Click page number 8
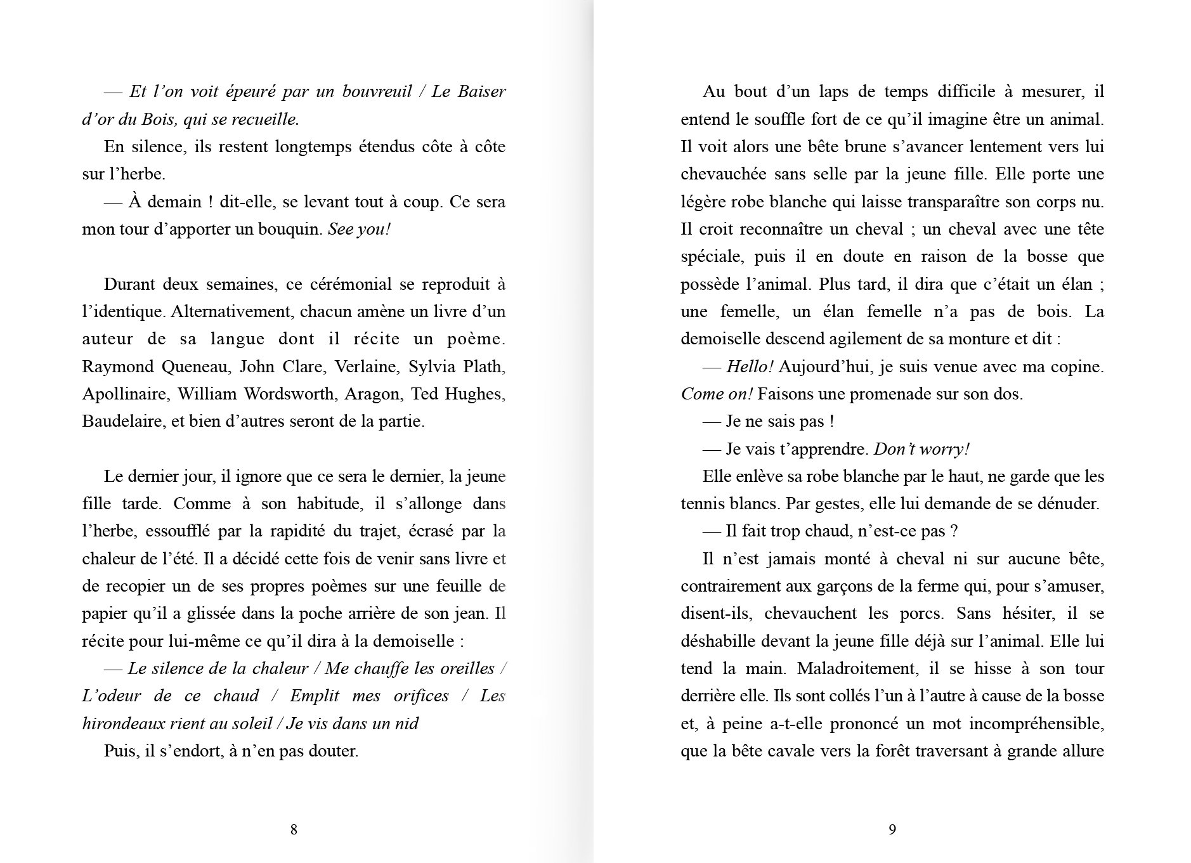click(x=294, y=829)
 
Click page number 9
click(x=892, y=829)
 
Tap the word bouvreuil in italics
click(x=377, y=92)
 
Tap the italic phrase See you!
click(x=359, y=230)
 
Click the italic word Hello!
click(x=750, y=367)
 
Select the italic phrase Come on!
click(x=716, y=394)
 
